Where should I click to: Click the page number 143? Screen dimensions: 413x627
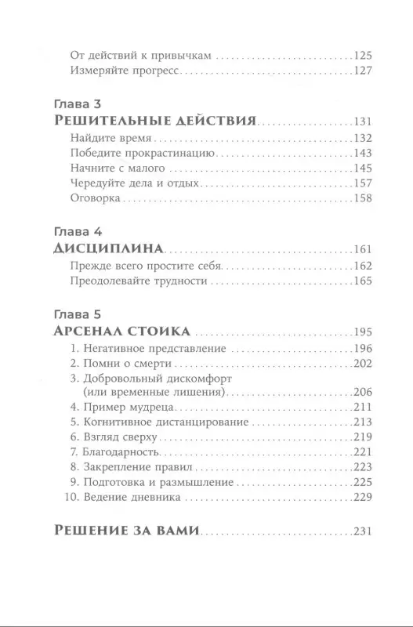tap(364, 153)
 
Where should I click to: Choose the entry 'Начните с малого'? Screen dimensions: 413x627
tap(116, 168)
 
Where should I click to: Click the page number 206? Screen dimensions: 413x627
tap(364, 392)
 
